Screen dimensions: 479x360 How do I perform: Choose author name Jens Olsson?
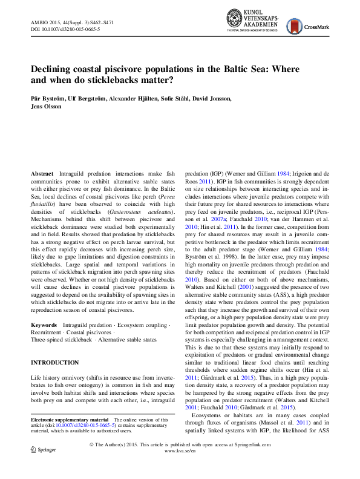(48, 106)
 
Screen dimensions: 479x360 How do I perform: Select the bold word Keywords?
(44, 325)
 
